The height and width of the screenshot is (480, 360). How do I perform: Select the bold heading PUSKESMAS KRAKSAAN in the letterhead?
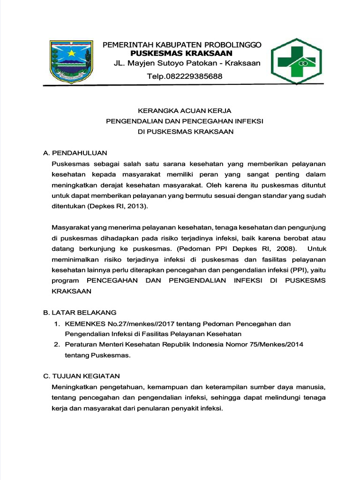coord(172,53)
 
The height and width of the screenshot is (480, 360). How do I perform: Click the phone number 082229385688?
coord(185,76)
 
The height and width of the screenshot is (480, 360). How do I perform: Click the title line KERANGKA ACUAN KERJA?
coord(185,111)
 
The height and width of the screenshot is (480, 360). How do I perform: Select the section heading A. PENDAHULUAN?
coord(75,153)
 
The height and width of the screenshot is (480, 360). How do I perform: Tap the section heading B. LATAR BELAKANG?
coord(80,312)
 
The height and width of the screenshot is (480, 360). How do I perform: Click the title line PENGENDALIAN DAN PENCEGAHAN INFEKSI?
coord(185,121)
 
